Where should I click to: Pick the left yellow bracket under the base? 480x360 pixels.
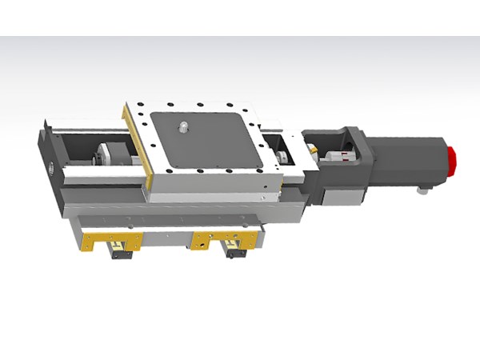(x=109, y=238)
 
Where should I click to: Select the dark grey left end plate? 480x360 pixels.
(x=46, y=156)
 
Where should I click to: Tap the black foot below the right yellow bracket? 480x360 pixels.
(x=235, y=253)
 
